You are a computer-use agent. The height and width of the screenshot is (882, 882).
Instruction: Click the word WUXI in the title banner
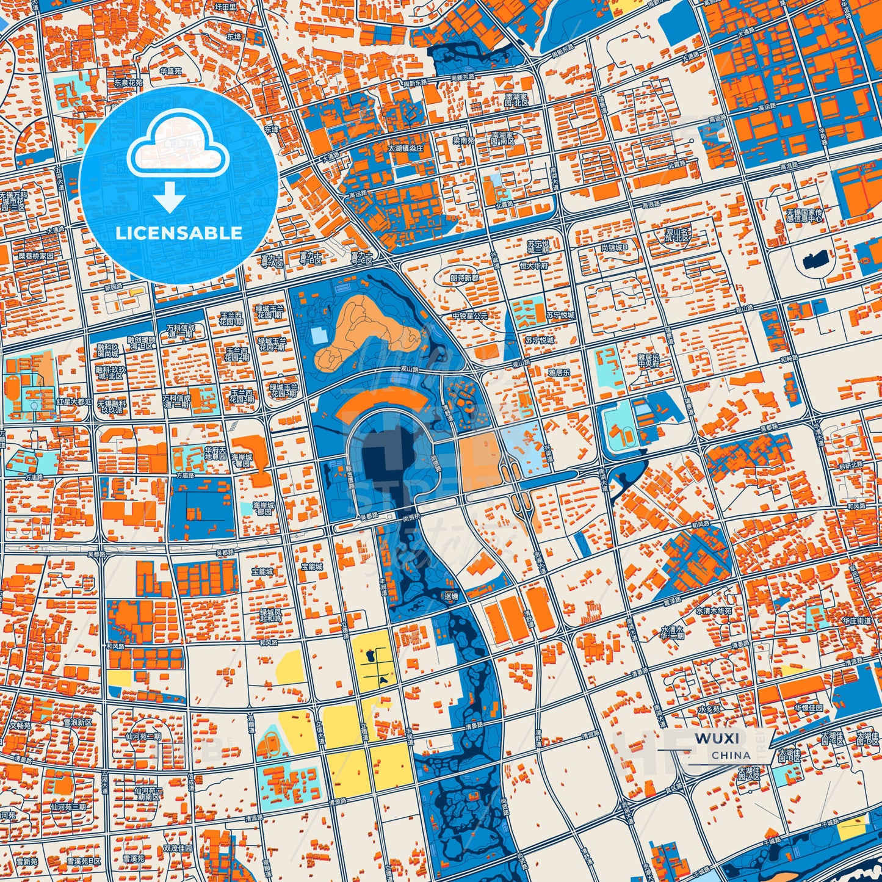pos(717,738)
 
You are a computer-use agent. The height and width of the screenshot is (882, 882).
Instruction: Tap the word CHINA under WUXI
pos(731,755)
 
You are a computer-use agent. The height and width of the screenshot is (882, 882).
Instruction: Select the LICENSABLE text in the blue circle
pos(179,233)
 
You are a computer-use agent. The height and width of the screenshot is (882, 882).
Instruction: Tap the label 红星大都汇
pos(74,402)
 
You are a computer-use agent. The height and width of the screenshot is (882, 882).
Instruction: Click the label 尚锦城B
pos(618,248)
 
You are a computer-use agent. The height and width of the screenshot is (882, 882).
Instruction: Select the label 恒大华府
pos(534,266)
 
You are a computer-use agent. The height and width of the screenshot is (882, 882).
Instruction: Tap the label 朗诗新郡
pos(464,278)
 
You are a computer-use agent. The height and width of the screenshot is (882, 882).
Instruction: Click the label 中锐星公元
pos(470,316)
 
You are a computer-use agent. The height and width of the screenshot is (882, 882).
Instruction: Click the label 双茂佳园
pos(177,848)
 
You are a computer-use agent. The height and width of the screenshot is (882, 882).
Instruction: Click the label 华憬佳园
pos(809,708)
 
